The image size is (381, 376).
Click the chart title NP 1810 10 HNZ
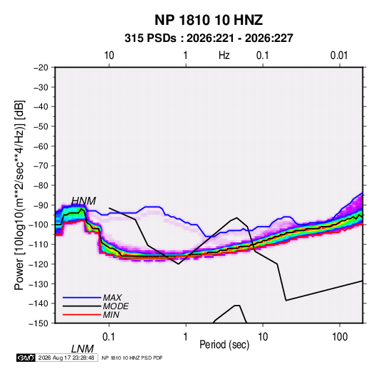pyautogui.click(x=209, y=20)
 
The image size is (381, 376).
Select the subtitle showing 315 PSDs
pyautogui.click(x=209, y=38)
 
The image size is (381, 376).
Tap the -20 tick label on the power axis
pyautogui.click(x=41, y=68)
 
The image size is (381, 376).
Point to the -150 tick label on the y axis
pyautogui.click(x=38, y=323)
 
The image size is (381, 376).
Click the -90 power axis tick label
pyautogui.click(x=41, y=205)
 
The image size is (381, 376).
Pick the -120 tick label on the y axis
pyautogui.click(x=38, y=264)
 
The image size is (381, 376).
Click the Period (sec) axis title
pyautogui.click(x=224, y=345)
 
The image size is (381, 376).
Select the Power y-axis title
pyautogui.click(x=19, y=195)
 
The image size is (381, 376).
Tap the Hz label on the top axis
pyautogui.click(x=224, y=55)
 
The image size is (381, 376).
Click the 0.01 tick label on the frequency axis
pyautogui.click(x=339, y=55)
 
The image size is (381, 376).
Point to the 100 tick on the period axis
pyautogui.click(x=340, y=337)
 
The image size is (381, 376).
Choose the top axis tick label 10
pyautogui.click(x=109, y=55)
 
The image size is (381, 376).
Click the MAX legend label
pyautogui.click(x=113, y=297)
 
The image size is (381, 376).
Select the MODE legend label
pyautogui.click(x=115, y=306)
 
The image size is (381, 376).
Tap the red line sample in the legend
pyautogui.click(x=82, y=315)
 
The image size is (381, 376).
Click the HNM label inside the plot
pyautogui.click(x=83, y=201)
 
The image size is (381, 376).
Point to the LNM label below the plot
pyautogui.click(x=83, y=349)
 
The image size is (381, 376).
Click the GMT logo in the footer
pyautogui.click(x=26, y=358)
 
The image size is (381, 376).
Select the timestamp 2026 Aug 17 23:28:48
pyautogui.click(x=66, y=358)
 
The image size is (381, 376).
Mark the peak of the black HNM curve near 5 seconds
pyautogui.click(x=237, y=217)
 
